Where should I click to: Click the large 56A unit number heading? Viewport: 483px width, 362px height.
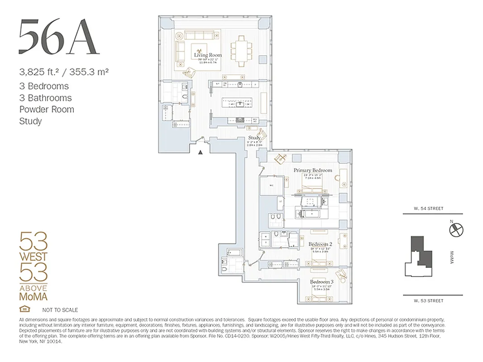(x=58, y=38)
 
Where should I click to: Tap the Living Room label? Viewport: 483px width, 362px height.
(x=208, y=55)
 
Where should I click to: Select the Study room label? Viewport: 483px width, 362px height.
(x=254, y=138)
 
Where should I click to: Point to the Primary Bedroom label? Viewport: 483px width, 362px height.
(x=312, y=170)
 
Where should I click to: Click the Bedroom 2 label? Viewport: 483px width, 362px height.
(x=320, y=244)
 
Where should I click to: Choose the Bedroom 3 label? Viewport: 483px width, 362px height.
(x=321, y=282)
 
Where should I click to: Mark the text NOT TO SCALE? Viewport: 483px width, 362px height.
(x=60, y=310)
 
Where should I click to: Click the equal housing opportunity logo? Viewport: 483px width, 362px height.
(x=23, y=310)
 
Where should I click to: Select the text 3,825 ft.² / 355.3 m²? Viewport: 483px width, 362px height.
(x=63, y=71)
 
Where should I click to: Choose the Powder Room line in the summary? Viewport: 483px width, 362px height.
(x=47, y=109)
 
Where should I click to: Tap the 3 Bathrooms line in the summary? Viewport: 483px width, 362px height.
(x=45, y=98)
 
